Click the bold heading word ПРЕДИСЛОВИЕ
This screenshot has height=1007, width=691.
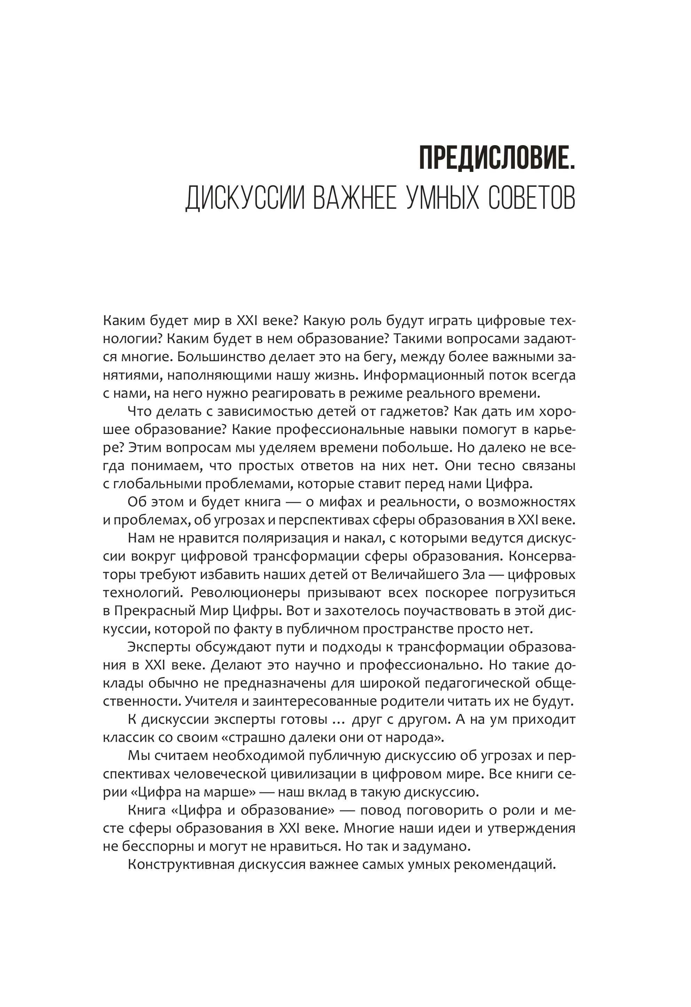(x=496, y=159)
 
